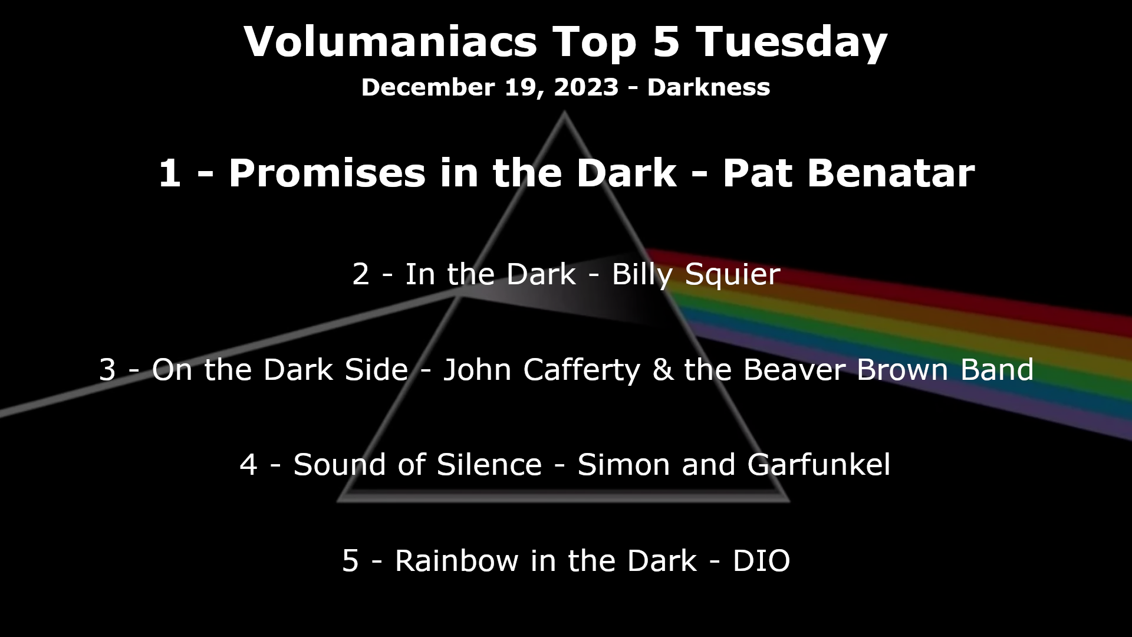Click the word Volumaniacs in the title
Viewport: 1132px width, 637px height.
pyautogui.click(x=390, y=41)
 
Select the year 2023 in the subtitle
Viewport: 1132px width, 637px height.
pyautogui.click(x=586, y=87)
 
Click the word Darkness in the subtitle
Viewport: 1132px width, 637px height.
pyautogui.click(x=709, y=87)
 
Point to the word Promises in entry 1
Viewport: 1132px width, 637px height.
pyautogui.click(x=327, y=173)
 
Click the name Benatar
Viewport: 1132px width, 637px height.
pyautogui.click(x=891, y=173)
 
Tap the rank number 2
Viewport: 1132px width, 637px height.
pyautogui.click(x=361, y=275)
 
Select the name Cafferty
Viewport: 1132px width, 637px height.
pyautogui.click(x=581, y=370)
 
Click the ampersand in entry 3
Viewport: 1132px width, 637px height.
pyautogui.click(x=663, y=370)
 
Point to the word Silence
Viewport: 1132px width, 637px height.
pyautogui.click(x=489, y=465)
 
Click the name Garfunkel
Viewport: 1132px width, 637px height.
pyautogui.click(x=819, y=465)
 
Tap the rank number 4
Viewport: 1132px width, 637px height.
pyautogui.click(x=248, y=465)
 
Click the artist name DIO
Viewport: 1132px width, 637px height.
pyautogui.click(x=761, y=561)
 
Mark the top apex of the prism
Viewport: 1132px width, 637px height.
pyautogui.click(x=564, y=111)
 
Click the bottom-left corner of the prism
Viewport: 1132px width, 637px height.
pyautogui.click(x=338, y=501)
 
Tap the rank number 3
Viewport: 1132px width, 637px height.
pyautogui.click(x=107, y=370)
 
